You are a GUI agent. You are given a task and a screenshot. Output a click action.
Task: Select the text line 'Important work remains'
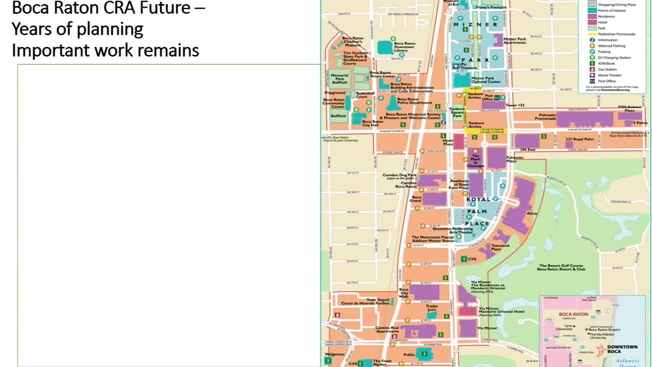tap(105, 50)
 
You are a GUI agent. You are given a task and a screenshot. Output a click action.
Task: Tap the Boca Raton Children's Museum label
tap(353, 42)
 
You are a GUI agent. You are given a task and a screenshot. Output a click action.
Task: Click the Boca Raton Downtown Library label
tap(404, 46)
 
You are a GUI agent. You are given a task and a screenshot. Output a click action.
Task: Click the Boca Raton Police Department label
tap(414, 101)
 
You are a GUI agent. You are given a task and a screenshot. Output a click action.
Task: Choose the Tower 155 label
tap(515, 105)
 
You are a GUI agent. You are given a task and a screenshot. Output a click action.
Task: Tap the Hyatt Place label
tap(448, 142)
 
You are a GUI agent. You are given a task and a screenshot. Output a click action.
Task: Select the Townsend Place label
tap(500, 247)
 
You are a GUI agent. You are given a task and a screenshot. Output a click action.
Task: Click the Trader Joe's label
tap(432, 308)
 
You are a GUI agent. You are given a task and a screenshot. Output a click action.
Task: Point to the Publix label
tap(409, 353)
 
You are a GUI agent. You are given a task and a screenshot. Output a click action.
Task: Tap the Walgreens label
tap(335, 354)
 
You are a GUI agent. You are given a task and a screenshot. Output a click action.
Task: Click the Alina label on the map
tap(532, 214)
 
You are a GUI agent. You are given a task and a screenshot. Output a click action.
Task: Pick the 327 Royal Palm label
tap(580, 139)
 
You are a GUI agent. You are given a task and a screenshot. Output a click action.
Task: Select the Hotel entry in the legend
tap(603, 22)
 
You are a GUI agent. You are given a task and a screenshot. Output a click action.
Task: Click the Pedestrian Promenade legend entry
tap(616, 34)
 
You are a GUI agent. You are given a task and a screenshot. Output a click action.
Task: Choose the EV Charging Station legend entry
tap(614, 58)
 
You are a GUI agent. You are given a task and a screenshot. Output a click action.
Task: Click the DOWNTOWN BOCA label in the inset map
tap(622, 349)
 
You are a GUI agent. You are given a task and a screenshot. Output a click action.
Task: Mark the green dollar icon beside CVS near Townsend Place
tap(464, 259)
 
